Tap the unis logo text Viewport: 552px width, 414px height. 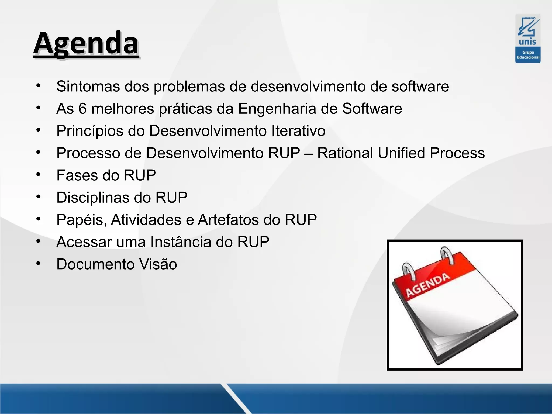pos(527,42)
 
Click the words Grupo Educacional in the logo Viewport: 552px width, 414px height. pos(528,55)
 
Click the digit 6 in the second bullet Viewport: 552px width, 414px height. pos(82,109)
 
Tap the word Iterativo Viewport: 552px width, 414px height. pos(298,131)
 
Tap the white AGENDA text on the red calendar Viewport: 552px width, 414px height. pos(428,285)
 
